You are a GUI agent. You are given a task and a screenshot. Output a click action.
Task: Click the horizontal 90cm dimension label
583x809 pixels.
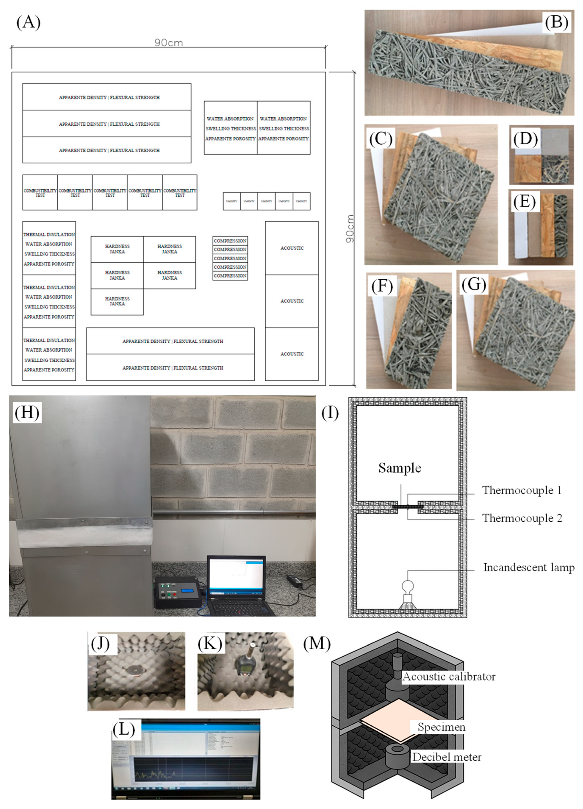[168, 43]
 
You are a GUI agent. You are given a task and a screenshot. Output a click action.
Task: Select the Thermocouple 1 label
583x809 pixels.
[522, 491]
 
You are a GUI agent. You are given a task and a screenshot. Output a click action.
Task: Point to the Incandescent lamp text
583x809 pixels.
[528, 567]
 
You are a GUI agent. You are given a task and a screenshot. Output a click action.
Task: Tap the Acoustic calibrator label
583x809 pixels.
[448, 677]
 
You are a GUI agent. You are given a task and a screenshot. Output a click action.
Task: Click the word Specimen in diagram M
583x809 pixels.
[441, 727]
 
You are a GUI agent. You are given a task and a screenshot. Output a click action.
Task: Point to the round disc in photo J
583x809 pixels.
[135, 671]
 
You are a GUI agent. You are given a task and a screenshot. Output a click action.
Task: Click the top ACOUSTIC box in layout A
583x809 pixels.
[291, 248]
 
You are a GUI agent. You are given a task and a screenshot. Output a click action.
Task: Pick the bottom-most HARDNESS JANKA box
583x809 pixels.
[117, 301]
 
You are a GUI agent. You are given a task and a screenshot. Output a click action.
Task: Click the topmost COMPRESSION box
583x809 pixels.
[230, 241]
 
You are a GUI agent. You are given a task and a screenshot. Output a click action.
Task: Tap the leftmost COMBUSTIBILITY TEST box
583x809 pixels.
[40, 193]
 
